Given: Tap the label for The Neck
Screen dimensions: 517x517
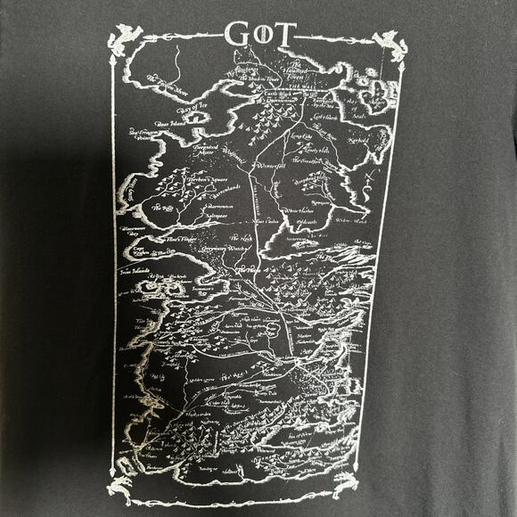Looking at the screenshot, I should pyautogui.click(x=241, y=239).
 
